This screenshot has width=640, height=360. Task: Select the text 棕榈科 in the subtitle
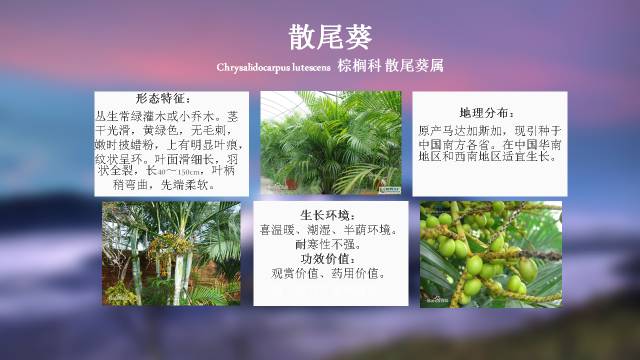(358, 69)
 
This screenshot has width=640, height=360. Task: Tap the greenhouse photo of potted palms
(331, 142)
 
